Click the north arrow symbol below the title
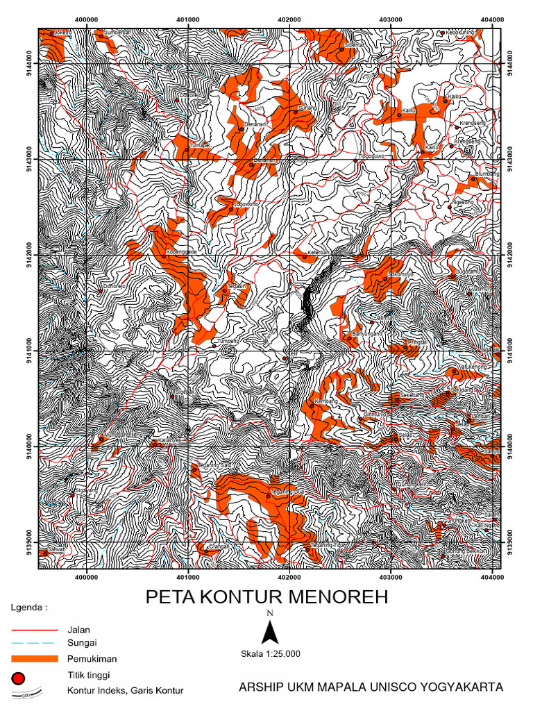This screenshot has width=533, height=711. pyautogui.click(x=271, y=632)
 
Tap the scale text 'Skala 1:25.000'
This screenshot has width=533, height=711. pyautogui.click(x=270, y=653)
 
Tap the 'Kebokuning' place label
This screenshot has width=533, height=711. pyautogui.click(x=459, y=32)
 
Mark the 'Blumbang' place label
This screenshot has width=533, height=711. pyautogui.click(x=487, y=174)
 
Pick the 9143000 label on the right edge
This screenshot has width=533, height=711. pyautogui.click(x=512, y=159)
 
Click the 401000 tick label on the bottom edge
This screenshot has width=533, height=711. pyautogui.click(x=188, y=576)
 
